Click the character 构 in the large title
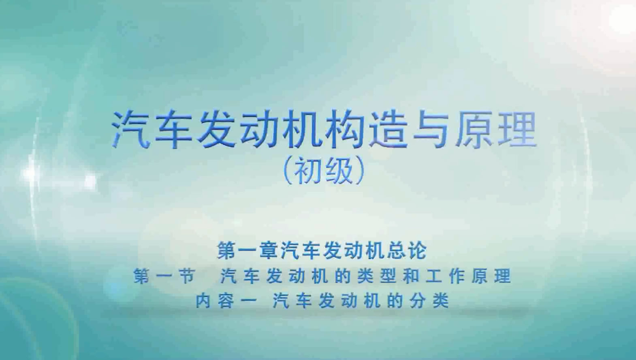click(346, 130)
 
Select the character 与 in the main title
click(431, 130)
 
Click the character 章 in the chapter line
click(269, 250)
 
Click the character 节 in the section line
click(187, 276)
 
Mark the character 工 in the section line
click(434, 276)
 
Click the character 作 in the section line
click(457, 276)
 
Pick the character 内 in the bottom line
click(203, 301)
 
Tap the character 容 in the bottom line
click(226, 301)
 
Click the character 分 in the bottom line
click(417, 301)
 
